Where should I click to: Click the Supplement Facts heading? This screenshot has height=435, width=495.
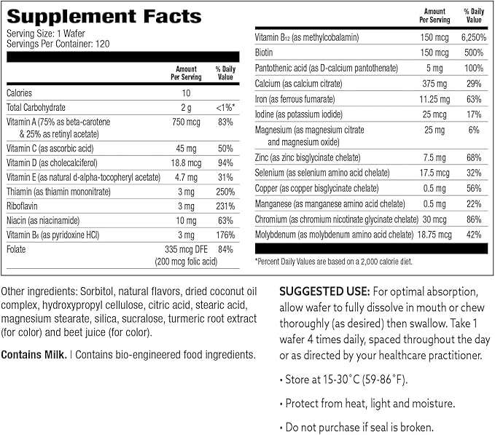pos(104,16)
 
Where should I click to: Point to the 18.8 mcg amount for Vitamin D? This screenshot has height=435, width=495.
pos(187,162)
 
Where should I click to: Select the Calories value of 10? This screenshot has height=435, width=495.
pos(187,93)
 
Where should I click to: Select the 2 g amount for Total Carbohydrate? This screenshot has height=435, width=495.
pos(187,107)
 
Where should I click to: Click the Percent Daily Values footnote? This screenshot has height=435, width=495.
pos(332,260)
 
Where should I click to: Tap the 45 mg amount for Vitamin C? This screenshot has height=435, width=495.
pos(187,148)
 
